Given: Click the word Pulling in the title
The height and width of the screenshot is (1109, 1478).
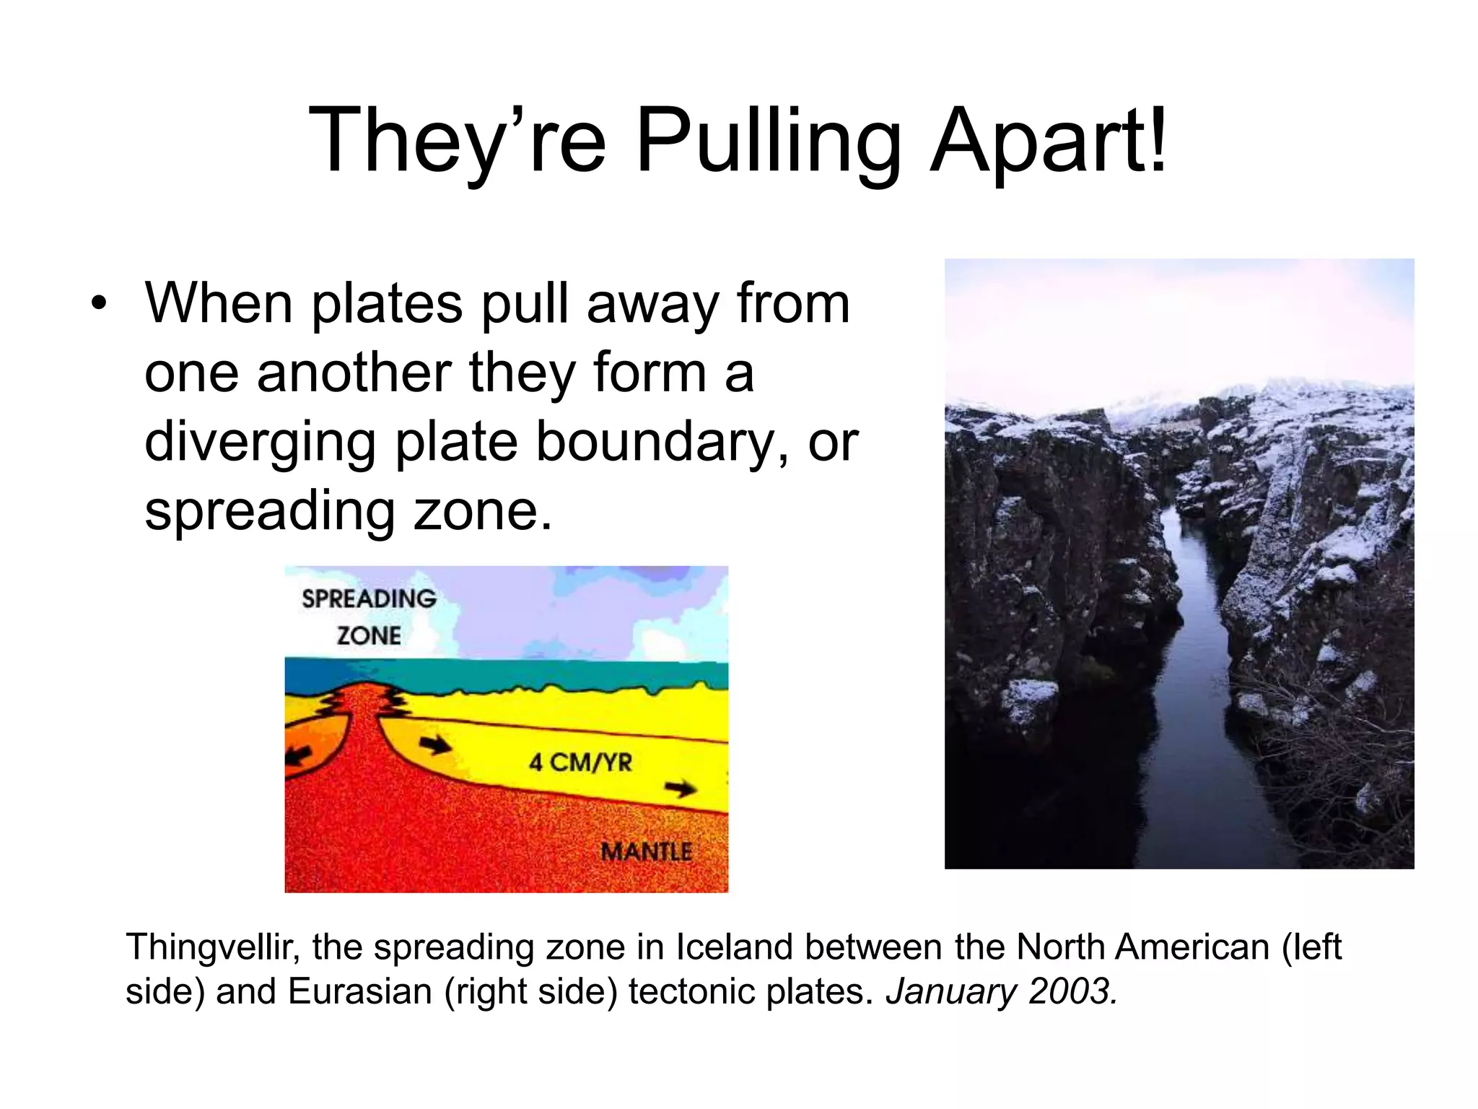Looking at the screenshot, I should [768, 141].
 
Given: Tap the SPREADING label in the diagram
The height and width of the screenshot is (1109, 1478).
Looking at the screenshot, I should [369, 599].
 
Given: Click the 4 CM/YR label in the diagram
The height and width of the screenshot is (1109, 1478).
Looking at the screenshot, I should [580, 762].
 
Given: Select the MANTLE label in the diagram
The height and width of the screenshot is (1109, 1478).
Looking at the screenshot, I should [646, 851].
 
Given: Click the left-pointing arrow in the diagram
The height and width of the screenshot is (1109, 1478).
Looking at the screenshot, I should [299, 755].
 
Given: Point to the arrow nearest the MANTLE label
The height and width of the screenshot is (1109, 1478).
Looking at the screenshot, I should [680, 788].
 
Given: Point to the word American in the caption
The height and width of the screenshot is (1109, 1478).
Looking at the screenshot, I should [1191, 947].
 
